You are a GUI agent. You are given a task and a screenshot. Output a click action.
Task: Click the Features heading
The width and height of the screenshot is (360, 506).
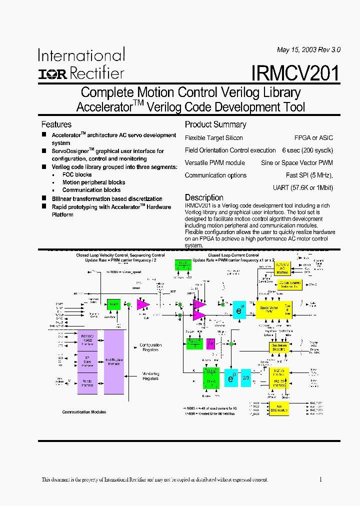tap(56, 124)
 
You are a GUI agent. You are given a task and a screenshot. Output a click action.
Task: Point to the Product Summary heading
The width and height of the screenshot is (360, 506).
tap(215, 124)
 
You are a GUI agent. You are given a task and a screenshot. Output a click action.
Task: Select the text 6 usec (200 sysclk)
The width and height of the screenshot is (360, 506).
tap(307, 150)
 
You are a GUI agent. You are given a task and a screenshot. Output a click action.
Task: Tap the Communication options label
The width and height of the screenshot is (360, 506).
tap(215, 175)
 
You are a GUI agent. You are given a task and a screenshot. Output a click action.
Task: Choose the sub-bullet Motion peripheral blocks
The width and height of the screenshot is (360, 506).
tap(93, 182)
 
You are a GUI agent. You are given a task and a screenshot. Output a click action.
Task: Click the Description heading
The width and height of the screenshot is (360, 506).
tap(204, 197)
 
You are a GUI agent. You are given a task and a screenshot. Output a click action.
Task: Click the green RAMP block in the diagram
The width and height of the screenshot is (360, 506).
tap(114, 304)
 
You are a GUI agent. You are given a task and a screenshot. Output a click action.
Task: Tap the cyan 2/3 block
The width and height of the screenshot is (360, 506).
tap(245, 377)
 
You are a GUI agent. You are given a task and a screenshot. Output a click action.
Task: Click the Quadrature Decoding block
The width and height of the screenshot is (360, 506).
tap(279, 347)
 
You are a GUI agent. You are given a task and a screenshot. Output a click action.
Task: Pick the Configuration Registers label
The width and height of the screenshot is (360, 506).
tap(150, 347)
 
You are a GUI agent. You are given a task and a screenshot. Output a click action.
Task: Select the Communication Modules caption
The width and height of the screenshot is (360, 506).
tap(83, 412)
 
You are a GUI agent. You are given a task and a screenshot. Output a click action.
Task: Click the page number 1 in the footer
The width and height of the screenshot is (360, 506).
tap(320, 479)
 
